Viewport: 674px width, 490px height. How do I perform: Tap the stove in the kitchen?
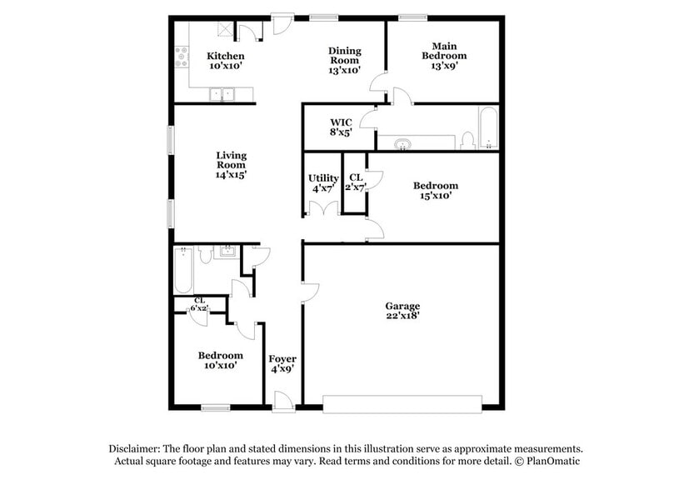click(x=182, y=57)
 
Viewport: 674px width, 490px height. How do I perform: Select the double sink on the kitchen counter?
click(x=222, y=94)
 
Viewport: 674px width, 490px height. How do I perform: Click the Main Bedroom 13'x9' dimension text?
click(x=443, y=66)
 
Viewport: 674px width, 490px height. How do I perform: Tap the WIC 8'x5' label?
click(x=341, y=127)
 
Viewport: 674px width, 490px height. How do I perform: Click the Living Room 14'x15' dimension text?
click(x=232, y=174)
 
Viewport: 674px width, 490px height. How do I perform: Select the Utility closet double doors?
click(x=324, y=208)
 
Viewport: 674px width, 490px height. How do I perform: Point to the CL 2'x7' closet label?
click(x=356, y=182)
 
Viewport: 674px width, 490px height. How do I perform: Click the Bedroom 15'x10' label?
click(x=436, y=190)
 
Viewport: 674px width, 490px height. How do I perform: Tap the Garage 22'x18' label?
click(x=402, y=310)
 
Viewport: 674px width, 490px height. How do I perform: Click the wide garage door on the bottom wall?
click(x=402, y=404)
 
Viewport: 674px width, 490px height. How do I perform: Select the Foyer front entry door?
click(x=284, y=402)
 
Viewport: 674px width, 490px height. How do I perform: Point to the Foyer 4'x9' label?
click(x=282, y=363)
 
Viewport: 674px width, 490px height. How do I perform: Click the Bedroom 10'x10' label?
click(x=221, y=360)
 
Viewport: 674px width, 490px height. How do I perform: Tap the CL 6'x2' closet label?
click(x=200, y=304)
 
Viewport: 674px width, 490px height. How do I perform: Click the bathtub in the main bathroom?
click(x=489, y=128)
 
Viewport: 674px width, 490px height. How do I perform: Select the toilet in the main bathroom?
click(x=467, y=141)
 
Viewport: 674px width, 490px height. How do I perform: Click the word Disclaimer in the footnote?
click(x=134, y=448)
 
